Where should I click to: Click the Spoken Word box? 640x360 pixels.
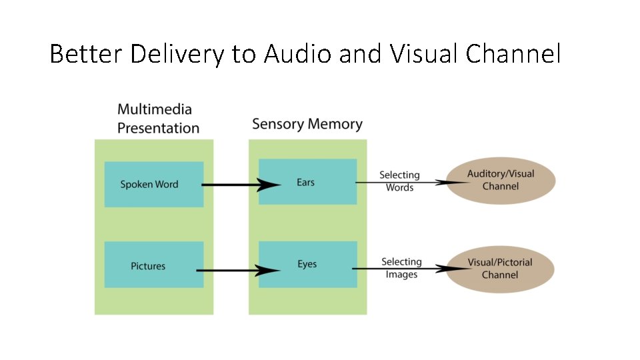pyautogui.click(x=153, y=184)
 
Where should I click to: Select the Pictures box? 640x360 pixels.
pyautogui.click(x=153, y=265)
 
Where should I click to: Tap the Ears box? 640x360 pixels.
pyautogui.click(x=307, y=182)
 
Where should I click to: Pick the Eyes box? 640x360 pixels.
pyautogui.click(x=307, y=264)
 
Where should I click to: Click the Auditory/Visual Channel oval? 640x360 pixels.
pyautogui.click(x=500, y=180)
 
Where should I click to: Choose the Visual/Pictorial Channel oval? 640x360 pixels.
pyautogui.click(x=500, y=268)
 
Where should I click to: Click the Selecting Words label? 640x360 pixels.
pyautogui.click(x=399, y=181)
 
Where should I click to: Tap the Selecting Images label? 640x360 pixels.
pyautogui.click(x=401, y=268)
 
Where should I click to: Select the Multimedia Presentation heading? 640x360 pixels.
pyautogui.click(x=158, y=118)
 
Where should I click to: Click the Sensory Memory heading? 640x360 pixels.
pyautogui.click(x=307, y=124)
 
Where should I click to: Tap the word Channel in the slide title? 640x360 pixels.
pyautogui.click(x=513, y=54)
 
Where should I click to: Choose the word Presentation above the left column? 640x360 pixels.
pyautogui.click(x=158, y=127)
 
